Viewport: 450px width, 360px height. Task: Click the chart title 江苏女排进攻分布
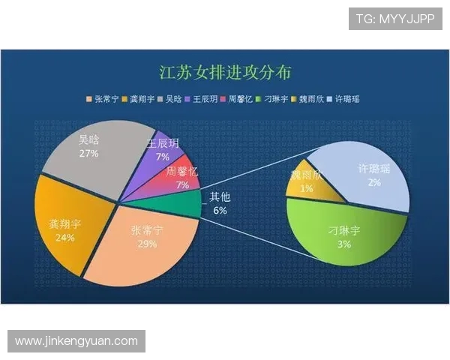[x=225, y=73]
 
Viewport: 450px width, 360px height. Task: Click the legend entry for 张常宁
[x=105, y=98]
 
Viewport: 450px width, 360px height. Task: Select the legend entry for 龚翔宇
[x=142, y=98]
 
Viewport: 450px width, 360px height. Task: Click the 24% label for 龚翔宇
[x=64, y=238]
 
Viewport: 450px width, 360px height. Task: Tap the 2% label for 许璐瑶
[x=373, y=182]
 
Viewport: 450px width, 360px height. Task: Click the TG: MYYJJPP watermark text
[x=394, y=19]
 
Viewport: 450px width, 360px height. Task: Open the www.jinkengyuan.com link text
[x=76, y=341]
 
